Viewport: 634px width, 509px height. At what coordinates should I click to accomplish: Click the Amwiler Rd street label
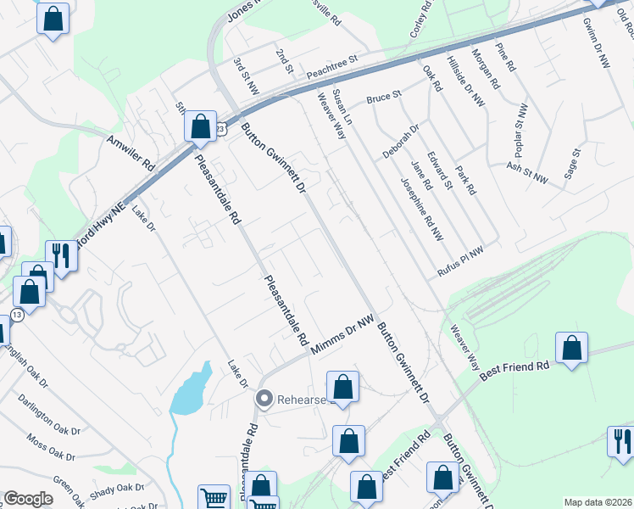point(131,151)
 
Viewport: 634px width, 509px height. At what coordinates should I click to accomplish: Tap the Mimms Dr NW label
point(342,336)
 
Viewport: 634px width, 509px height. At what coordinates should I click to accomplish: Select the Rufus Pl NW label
point(460,257)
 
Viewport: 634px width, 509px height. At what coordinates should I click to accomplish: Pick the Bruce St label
point(383,98)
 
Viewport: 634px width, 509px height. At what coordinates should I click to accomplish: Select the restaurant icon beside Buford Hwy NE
point(61,254)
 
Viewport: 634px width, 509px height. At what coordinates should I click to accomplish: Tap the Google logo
point(28,499)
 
